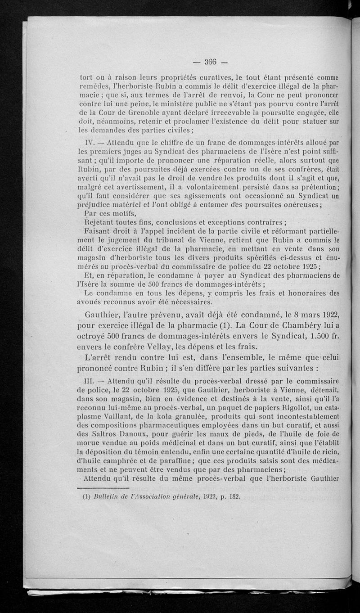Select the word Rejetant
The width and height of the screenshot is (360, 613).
pos(99,221)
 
